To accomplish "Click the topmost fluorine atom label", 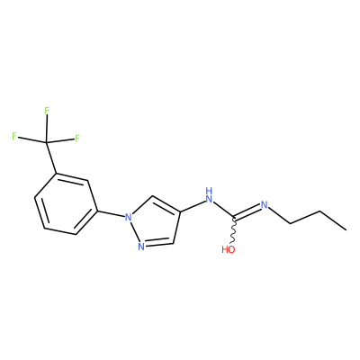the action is pyautogui.click(x=47, y=111).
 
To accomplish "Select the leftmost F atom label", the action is pyautogui.click(x=14, y=136).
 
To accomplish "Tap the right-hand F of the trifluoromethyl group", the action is pyautogui.click(x=77, y=139).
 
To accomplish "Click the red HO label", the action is pyautogui.click(x=229, y=249).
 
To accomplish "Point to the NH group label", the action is pyautogui.click(x=209, y=195).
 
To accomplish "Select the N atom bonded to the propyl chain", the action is pyautogui.click(x=264, y=205).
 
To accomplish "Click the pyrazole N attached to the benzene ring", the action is pyautogui.click(x=129, y=217).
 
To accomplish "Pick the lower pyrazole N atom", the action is pyautogui.click(x=141, y=247).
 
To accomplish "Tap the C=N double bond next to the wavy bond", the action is pyautogui.click(x=247, y=211).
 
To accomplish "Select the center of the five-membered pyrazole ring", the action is pyautogui.click(x=154, y=223).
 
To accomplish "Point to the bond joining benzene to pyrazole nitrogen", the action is pyautogui.click(x=111, y=213).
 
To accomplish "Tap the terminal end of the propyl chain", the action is pyautogui.click(x=346, y=230).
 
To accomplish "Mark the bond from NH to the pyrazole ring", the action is pyautogui.click(x=193, y=207).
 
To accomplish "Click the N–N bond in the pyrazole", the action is pyautogui.click(x=134, y=231).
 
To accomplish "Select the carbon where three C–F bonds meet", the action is pyautogui.click(x=46, y=142).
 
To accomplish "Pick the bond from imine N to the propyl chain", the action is pyautogui.click(x=279, y=215).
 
